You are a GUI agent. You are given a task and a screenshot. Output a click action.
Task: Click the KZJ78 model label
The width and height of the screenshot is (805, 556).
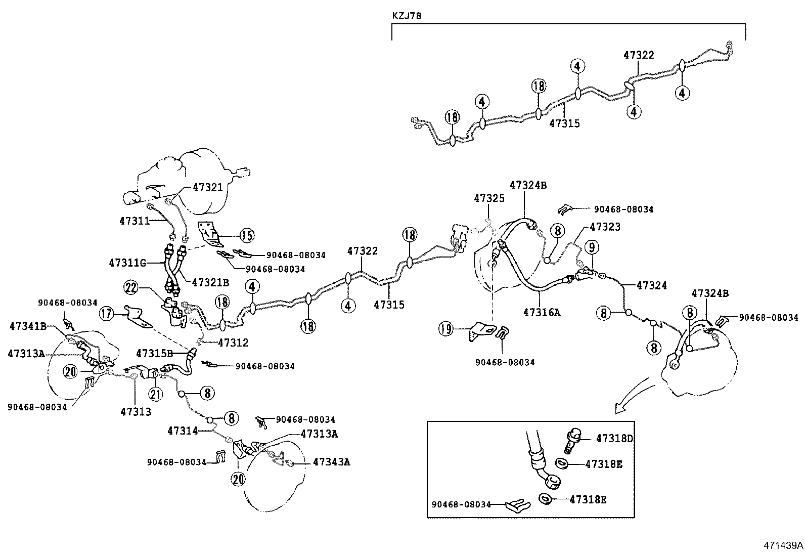pyautogui.click(x=407, y=16)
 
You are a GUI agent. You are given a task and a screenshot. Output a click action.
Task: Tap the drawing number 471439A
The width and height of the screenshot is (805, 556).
pyautogui.click(x=783, y=545)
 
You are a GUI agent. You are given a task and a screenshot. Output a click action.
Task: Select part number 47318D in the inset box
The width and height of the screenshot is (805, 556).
pyautogui.click(x=614, y=439)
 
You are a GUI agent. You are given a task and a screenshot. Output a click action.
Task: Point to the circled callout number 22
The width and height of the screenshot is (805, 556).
pyautogui.click(x=130, y=288)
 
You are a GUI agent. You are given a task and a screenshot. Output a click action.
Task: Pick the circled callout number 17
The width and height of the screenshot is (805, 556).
pyautogui.click(x=106, y=314)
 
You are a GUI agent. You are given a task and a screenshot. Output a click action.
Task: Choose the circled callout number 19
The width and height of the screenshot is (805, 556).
pyautogui.click(x=446, y=329)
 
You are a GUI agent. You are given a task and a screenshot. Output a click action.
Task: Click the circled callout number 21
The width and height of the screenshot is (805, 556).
pyautogui.click(x=156, y=394)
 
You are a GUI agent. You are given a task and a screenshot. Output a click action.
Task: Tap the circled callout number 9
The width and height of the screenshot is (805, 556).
pyautogui.click(x=592, y=247)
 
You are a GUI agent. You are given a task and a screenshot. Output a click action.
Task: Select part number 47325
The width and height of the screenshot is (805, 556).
pyautogui.click(x=489, y=198)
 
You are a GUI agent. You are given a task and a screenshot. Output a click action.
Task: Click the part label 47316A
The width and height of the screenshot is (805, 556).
pyautogui.click(x=542, y=313)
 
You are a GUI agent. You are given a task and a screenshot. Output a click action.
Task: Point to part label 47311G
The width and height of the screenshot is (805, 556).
pyautogui.click(x=127, y=263)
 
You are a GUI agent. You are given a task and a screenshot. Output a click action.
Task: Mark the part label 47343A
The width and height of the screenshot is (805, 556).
pyautogui.click(x=331, y=461)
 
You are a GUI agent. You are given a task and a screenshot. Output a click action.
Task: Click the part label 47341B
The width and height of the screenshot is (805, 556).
pyautogui.click(x=28, y=326)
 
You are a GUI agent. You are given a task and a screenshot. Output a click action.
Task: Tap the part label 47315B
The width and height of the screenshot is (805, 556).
pyautogui.click(x=155, y=353)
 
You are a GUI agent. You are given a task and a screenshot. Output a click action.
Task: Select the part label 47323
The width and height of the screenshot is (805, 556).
pyautogui.click(x=605, y=227)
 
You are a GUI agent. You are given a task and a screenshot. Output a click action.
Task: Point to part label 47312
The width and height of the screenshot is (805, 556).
pyautogui.click(x=233, y=343)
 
